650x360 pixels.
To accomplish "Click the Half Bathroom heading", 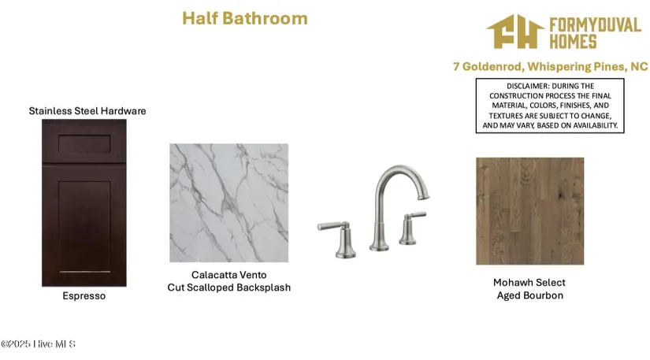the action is [245, 19].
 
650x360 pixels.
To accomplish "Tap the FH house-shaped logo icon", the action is [515, 32].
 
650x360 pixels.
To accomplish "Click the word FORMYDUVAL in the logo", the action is [596, 25].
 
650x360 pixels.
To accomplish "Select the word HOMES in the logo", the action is [573, 42].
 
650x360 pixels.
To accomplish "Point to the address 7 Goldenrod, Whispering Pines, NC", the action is [550, 67].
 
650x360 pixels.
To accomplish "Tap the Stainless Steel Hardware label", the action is [87, 111].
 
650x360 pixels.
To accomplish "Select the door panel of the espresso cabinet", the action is [84, 226].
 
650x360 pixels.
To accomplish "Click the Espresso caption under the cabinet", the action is [84, 295].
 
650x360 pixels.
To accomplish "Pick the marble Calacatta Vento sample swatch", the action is [228, 203].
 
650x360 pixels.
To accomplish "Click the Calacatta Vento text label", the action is [228, 275].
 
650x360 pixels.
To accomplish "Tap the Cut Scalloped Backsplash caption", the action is [228, 288].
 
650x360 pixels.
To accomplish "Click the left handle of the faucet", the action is [338, 239].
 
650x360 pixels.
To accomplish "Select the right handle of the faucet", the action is [411, 228].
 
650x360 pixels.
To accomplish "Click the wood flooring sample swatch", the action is [529, 211].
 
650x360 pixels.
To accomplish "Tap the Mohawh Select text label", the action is [529, 283].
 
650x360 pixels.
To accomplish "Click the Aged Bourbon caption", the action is [530, 295].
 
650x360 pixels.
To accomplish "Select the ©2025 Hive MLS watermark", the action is [38, 343].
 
